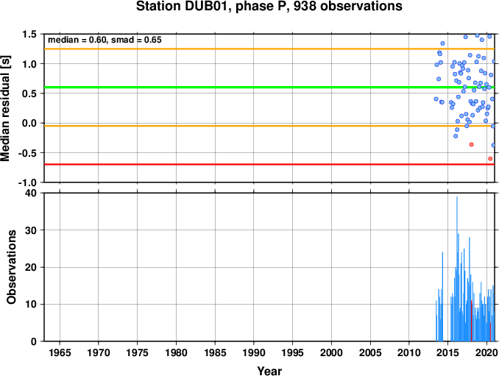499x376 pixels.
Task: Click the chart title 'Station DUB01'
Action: point(182,6)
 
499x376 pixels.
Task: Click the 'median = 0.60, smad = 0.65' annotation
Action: point(105,40)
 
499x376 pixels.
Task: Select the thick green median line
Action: point(269,87)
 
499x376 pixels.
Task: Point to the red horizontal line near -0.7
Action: point(269,165)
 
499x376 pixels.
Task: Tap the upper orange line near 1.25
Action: point(269,49)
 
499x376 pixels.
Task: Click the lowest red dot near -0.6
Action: point(490,158)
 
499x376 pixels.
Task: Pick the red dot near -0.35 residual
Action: point(471,144)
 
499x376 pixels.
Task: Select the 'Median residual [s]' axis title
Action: point(5,108)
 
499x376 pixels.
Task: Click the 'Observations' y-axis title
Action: point(12,267)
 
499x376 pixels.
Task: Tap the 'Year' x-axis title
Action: point(269,371)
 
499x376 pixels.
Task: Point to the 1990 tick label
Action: point(254,352)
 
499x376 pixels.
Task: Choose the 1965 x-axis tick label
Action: point(60,352)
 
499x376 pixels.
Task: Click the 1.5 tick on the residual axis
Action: point(29,34)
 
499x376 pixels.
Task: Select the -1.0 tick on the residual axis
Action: point(27,182)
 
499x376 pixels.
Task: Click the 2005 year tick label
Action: point(370,352)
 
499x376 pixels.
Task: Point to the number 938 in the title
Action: point(305,6)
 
